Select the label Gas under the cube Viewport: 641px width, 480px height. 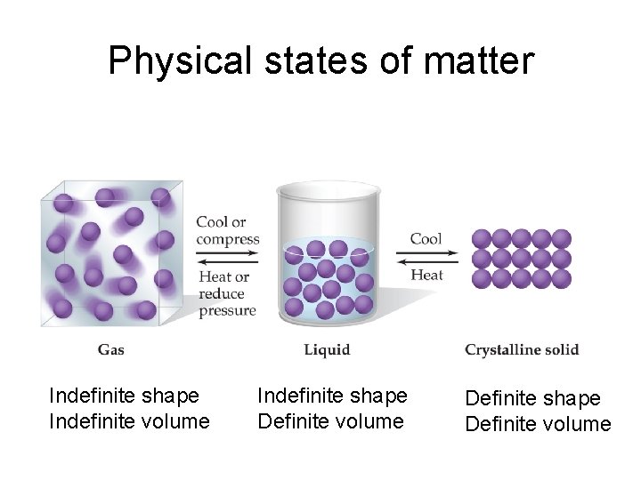coord(111,349)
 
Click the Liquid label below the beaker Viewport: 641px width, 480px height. coord(327,349)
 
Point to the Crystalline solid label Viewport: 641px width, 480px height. coord(522,349)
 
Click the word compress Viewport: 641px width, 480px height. coord(228,239)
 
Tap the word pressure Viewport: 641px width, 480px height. coord(227,311)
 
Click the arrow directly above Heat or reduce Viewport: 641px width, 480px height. coord(226,263)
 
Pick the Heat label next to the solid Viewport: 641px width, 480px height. coord(427,275)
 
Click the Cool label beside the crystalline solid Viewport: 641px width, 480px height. coord(426,238)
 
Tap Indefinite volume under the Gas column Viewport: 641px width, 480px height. coord(130,420)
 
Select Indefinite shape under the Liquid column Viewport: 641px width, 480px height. coord(332,394)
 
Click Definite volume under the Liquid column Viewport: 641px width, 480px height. coord(330,420)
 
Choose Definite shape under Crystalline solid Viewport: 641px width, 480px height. coord(532,398)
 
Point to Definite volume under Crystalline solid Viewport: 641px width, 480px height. coord(538,424)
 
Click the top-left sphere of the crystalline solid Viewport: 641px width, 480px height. coord(482,238)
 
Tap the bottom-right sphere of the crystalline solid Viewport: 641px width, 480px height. coord(561,279)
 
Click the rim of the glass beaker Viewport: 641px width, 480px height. coord(329,188)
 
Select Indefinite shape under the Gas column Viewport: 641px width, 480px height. coord(124,394)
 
